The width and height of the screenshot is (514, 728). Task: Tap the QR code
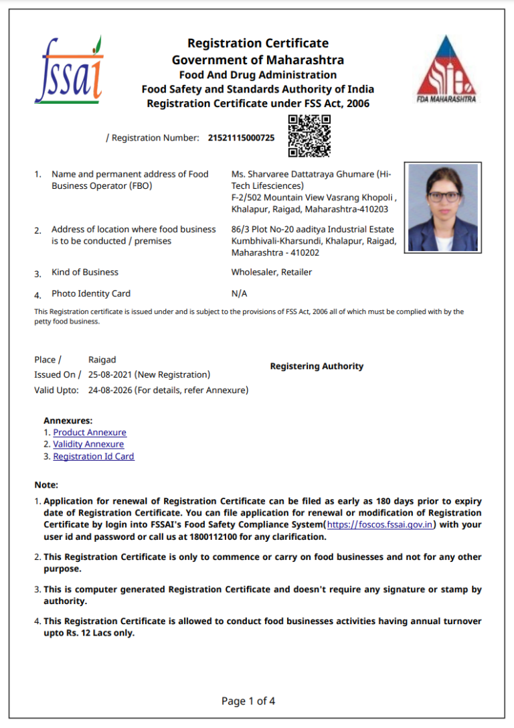coord(309,136)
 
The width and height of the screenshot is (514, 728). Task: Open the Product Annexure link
coord(90,433)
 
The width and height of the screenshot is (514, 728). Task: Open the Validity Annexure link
coord(88,445)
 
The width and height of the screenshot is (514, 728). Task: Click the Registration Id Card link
coord(94,457)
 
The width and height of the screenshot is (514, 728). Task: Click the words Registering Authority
coord(317,366)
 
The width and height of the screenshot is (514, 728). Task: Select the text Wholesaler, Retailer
coord(271,273)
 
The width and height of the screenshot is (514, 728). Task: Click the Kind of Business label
coord(85,273)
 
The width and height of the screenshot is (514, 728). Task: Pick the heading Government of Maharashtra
coord(258,60)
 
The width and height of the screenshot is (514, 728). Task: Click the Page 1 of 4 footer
coord(248,701)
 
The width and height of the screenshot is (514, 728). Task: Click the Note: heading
coord(46,485)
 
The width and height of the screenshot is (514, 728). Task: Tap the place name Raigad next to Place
coord(102,360)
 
